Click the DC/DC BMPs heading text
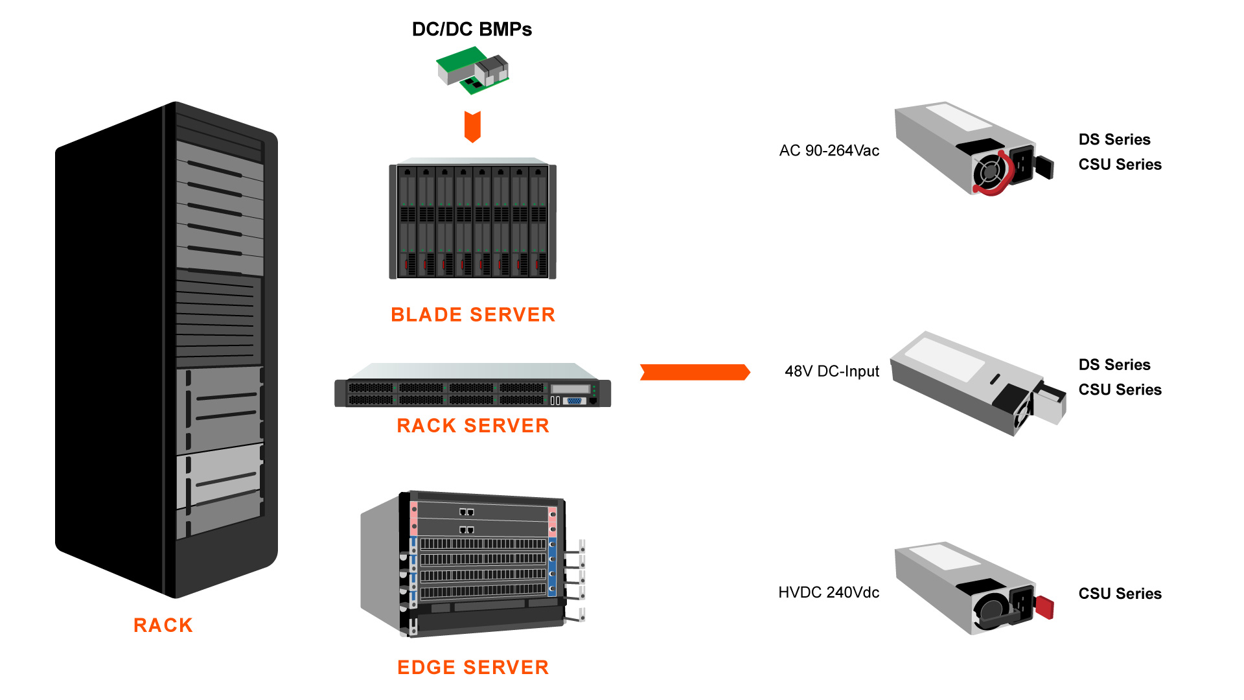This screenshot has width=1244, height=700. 472,29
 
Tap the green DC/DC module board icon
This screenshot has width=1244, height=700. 472,70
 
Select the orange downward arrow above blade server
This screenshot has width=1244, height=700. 472,126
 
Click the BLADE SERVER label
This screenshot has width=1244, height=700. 473,315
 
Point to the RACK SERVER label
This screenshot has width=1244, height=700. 473,426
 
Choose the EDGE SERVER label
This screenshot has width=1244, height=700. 473,668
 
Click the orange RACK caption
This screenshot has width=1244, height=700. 163,625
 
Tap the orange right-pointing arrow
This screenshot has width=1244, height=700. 695,372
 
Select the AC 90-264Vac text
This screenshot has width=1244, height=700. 829,151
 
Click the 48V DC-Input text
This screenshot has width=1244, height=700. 832,371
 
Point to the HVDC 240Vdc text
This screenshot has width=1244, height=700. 829,592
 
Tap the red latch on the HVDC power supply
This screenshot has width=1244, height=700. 1044,607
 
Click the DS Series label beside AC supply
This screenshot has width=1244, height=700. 1114,139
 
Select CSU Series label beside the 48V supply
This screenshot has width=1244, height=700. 1120,390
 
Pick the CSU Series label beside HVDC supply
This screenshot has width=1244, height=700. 1120,594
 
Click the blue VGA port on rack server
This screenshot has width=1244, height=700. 574,401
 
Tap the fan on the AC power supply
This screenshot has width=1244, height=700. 989,172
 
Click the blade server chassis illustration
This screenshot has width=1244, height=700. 472,220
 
